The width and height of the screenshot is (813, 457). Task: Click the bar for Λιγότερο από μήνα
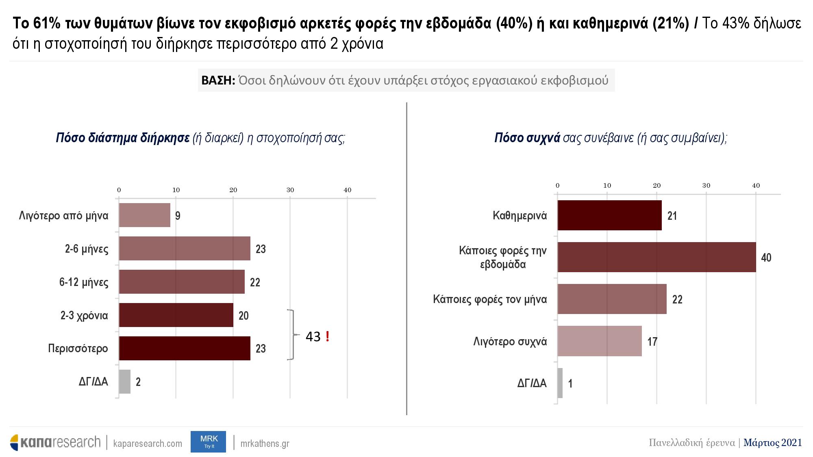(144, 215)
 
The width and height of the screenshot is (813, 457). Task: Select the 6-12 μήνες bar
(182, 282)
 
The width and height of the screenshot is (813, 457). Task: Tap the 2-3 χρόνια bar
(176, 315)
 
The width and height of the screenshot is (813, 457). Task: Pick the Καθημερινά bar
(609, 215)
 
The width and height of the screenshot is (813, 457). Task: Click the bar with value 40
(656, 257)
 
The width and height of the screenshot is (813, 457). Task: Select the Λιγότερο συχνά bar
(600, 341)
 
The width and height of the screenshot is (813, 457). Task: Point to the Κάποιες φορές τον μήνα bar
(612, 299)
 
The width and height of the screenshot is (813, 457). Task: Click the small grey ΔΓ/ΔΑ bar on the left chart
(124, 382)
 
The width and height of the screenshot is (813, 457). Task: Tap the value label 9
(178, 216)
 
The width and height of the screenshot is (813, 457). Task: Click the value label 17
(652, 342)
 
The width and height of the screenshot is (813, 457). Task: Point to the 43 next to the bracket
(313, 336)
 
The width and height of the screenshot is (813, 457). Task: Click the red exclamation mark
(327, 336)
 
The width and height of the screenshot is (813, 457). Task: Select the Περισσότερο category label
(78, 349)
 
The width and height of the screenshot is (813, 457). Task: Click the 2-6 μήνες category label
(87, 249)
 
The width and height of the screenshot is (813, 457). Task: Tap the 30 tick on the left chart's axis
(290, 190)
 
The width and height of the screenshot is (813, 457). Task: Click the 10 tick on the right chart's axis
(607, 186)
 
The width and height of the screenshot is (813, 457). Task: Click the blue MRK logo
(208, 442)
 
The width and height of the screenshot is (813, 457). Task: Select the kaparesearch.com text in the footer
(148, 444)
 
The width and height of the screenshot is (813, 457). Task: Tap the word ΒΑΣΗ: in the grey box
(218, 80)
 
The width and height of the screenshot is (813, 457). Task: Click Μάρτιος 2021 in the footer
(773, 442)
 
